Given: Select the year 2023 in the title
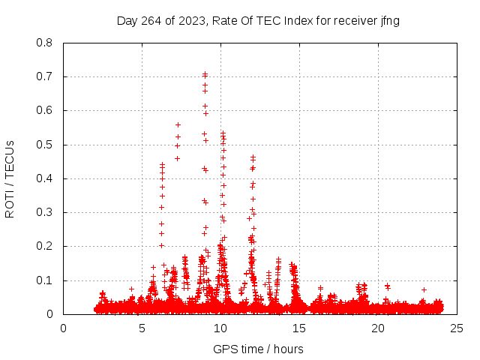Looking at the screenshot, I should coord(187,20).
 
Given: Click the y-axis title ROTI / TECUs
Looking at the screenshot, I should coord(10,178).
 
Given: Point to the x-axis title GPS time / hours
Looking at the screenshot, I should coord(258,349).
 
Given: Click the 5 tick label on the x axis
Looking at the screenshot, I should coord(142,328).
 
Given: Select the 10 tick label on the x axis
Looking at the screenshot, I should coord(220,328).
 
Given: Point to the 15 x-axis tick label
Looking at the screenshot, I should coord(299,328).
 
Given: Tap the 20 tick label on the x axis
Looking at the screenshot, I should coord(378,328).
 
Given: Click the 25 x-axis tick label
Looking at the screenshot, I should coord(457,328).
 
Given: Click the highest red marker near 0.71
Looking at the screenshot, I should coord(205,73).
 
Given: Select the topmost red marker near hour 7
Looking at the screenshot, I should coord(178,124).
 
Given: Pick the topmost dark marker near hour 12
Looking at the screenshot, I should coord(253,157).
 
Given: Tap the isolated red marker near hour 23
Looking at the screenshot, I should coord(424,289).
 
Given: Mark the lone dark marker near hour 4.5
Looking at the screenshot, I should coord(131,289).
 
